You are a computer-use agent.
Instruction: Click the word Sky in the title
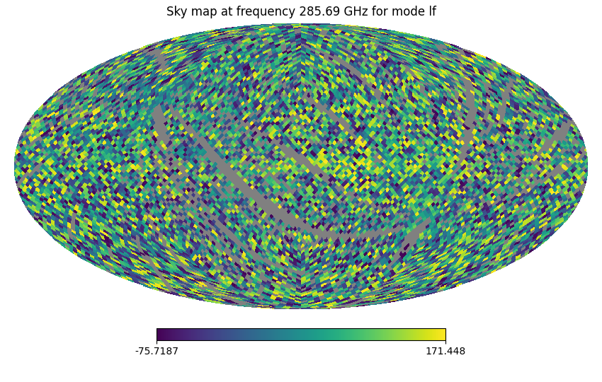[176, 12]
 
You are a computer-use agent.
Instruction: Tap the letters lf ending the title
[431, 12]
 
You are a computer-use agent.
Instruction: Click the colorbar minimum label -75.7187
[157, 352]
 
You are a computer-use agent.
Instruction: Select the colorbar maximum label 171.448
[445, 352]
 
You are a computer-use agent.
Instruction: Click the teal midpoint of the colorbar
[301, 335]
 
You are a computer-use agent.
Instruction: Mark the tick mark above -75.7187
[157, 342]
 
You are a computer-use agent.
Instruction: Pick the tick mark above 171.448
[445, 342]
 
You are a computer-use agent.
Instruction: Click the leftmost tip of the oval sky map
[15, 166]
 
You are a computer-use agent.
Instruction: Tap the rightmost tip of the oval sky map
[587, 166]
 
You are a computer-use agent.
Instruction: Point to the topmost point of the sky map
[301, 24]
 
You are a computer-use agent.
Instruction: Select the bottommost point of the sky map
[301, 308]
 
